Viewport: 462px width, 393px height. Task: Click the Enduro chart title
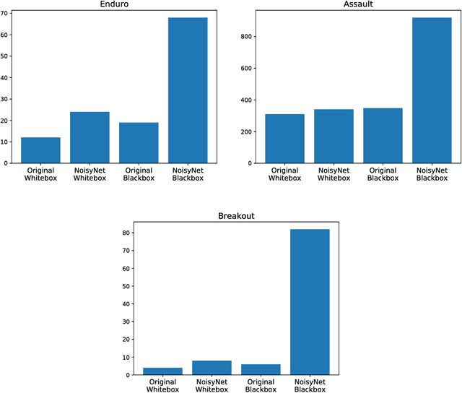114,5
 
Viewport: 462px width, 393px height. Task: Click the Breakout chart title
236,216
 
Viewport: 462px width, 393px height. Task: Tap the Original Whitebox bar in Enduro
40,150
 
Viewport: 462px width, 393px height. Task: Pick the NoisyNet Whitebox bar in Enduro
90,137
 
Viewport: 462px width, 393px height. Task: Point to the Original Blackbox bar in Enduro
139,143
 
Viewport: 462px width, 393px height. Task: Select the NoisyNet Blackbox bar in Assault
432,90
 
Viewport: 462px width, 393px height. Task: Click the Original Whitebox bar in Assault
284,139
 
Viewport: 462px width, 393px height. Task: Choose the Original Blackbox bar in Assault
383,136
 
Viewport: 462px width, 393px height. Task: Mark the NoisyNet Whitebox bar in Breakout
212,368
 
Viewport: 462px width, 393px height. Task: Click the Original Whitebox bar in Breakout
162,371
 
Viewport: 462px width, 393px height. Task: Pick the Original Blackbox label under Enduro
139,173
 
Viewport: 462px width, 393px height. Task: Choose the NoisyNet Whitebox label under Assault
334,173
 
